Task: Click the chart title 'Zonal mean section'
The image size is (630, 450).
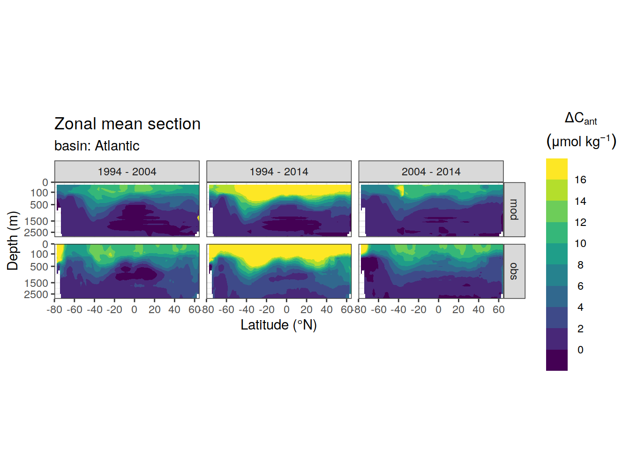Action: [127, 124]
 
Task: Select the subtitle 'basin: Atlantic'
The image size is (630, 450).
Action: [97, 146]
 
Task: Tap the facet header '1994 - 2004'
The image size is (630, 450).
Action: [127, 172]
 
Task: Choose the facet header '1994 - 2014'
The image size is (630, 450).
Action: [279, 172]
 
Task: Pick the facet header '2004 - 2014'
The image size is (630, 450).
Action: [431, 172]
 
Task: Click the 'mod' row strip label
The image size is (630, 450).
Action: [514, 210]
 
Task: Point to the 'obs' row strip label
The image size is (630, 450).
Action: [514, 271]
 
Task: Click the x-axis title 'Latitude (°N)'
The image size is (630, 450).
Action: [279, 325]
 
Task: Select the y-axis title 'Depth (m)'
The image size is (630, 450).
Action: [13, 241]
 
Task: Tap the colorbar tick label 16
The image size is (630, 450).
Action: [580, 180]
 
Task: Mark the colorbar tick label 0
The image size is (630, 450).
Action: [580, 350]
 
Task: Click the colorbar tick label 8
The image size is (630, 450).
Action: [580, 265]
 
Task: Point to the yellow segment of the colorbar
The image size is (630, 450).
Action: [556, 169]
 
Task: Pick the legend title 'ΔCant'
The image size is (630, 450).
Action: [580, 119]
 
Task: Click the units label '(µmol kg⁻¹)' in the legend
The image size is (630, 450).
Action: [581, 142]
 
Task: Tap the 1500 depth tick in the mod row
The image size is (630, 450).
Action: [36, 221]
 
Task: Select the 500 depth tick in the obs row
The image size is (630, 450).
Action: [39, 266]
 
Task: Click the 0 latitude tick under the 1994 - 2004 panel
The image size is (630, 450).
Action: [134, 310]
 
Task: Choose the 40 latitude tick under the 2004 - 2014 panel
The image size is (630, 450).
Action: [479, 310]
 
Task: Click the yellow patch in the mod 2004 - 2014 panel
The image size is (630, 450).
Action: [401, 190]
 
